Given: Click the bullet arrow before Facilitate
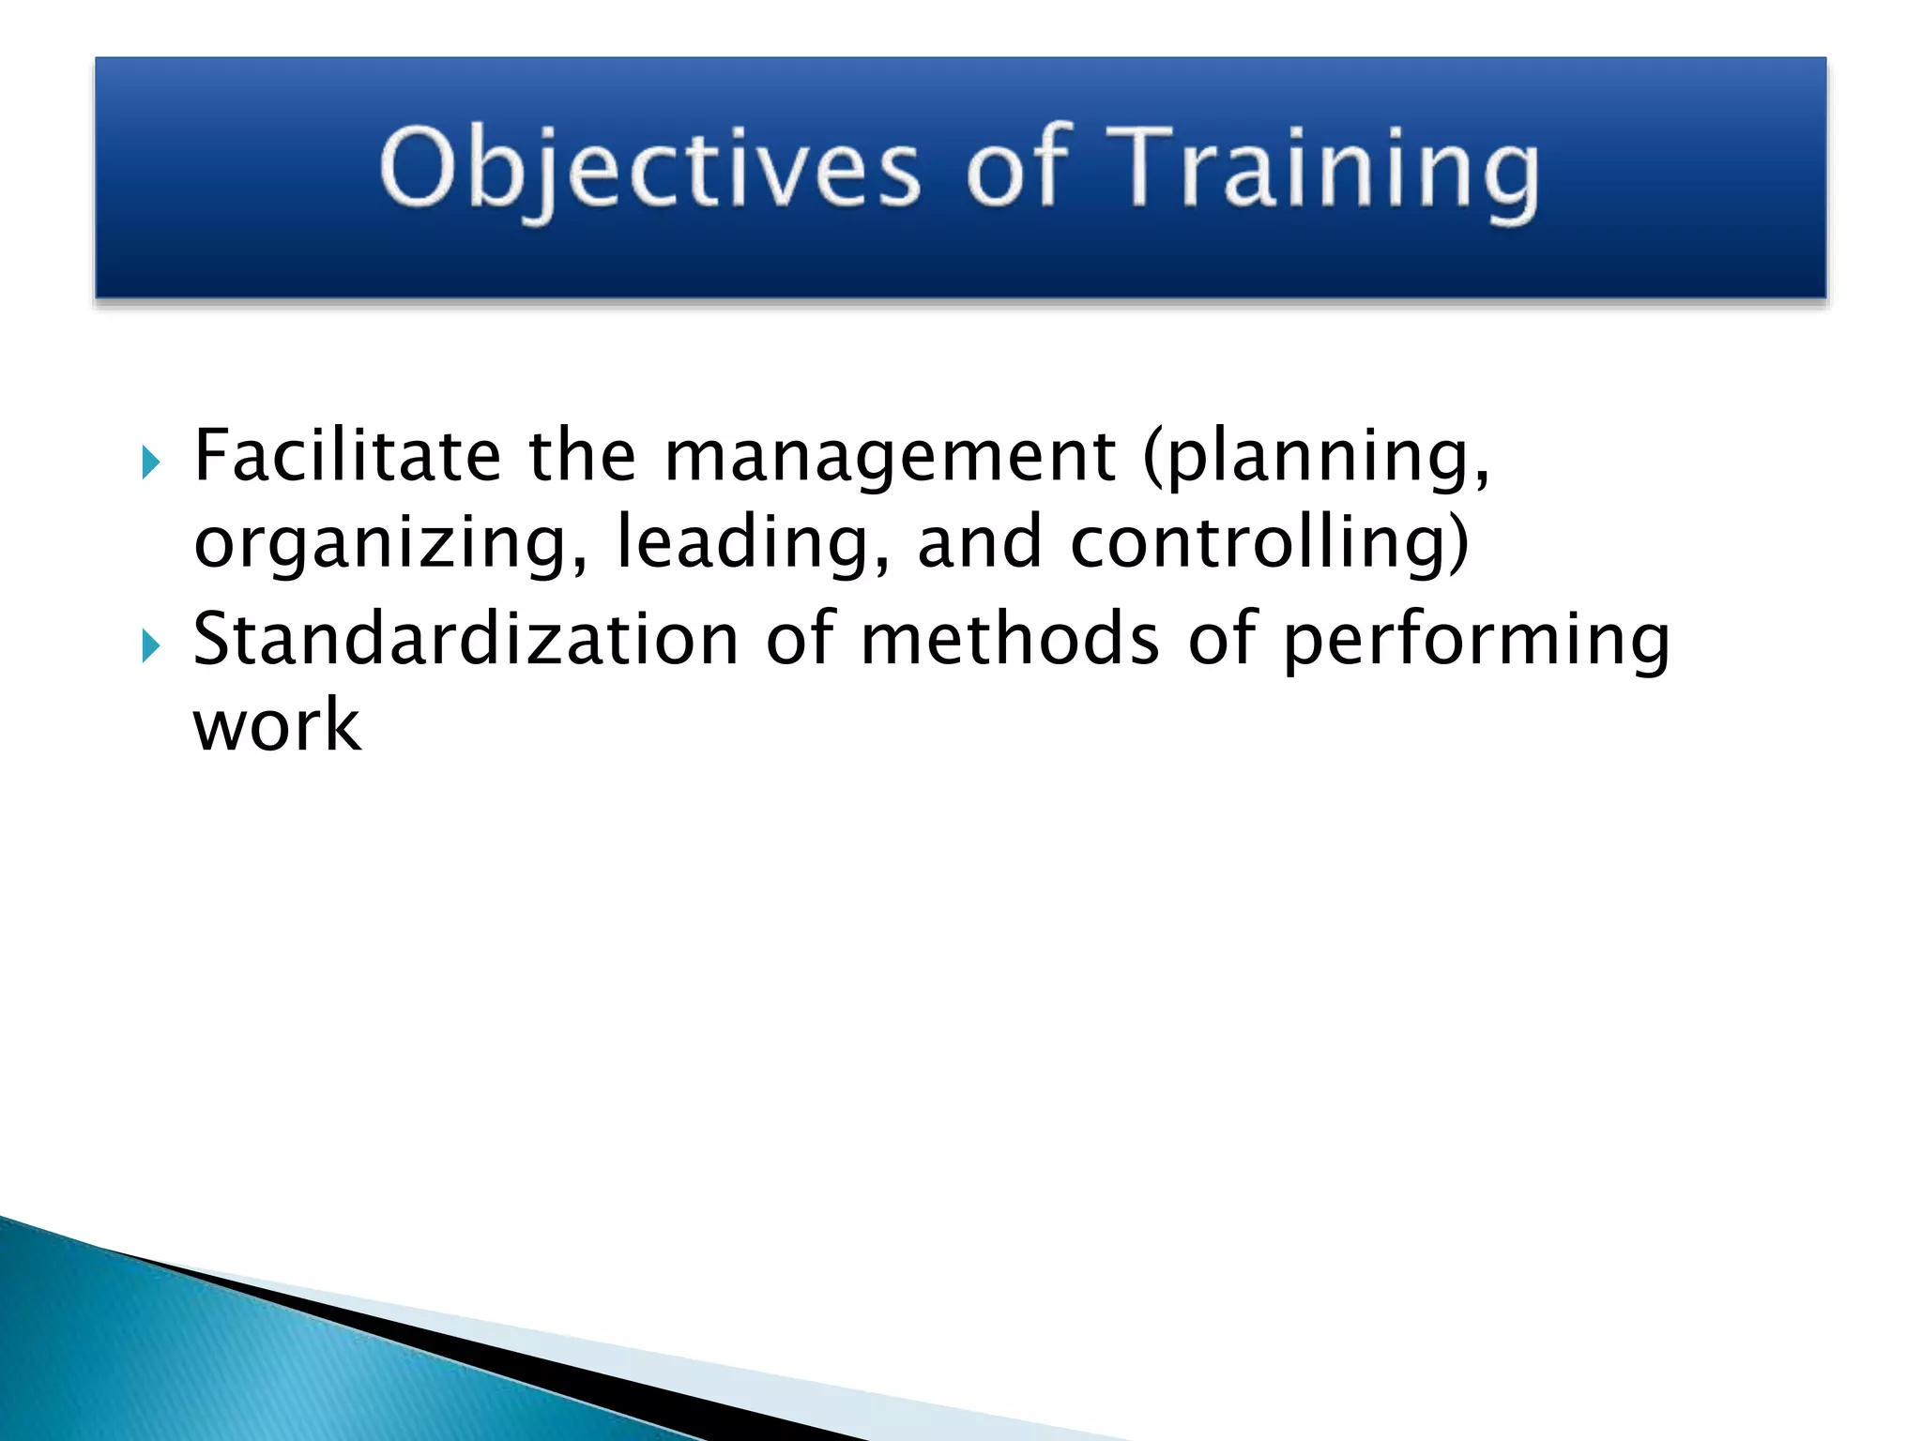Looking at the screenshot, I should tap(150, 462).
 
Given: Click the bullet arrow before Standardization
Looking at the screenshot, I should tap(150, 645).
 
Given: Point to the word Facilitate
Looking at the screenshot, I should tap(346, 456).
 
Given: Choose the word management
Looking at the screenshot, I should tap(890, 458).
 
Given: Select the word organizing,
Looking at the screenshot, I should tap(390, 544).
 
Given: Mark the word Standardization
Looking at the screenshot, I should tap(465, 640).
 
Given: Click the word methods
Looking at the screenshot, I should tap(1010, 640).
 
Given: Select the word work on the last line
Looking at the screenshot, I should tap(277, 726).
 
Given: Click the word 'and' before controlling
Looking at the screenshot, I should tap(979, 544).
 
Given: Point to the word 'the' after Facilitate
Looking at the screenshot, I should tap(582, 456).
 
